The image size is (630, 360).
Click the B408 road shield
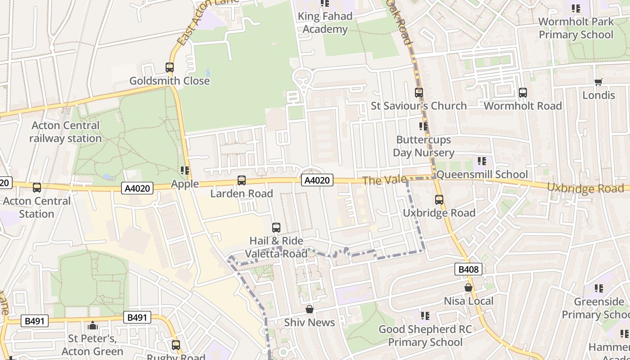pos(468,269)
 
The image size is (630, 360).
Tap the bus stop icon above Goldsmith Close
pos(170,67)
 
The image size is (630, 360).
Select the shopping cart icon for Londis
pos(598,82)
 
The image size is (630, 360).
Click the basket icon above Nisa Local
pos(468,288)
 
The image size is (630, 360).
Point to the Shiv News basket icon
pos(309,309)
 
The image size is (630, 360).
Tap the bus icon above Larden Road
pos(242,180)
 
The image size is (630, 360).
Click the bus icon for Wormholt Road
pos(522,93)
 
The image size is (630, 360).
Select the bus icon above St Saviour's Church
pos(419,93)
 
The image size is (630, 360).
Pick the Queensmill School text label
pos(482,174)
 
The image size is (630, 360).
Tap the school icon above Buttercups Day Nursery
pos(423,126)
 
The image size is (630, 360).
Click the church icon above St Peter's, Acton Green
pos(93,325)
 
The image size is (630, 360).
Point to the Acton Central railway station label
pos(66,132)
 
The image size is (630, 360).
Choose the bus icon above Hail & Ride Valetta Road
pos(276,228)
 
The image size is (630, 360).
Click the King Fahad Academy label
pos(325,22)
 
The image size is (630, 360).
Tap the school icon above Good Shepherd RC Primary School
pos(425,316)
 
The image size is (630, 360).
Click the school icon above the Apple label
pos(184,171)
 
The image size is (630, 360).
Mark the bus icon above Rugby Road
pos(176,345)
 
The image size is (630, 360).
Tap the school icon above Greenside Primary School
pos(598,288)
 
